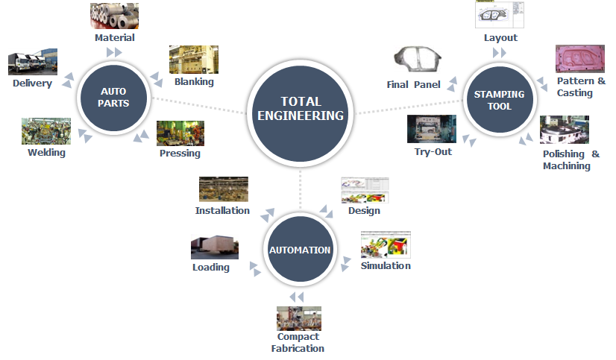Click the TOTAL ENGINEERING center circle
point(301,108)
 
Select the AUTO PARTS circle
point(114,98)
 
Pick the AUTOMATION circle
point(300,250)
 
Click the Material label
point(115,37)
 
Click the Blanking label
point(194,82)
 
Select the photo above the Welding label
point(46,131)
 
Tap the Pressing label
point(180,154)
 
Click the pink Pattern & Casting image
point(579,59)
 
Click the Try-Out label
point(433,152)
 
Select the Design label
point(364,210)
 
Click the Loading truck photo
point(215,247)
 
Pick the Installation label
point(222,210)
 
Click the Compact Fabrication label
point(298,342)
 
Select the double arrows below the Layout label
point(500,53)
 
